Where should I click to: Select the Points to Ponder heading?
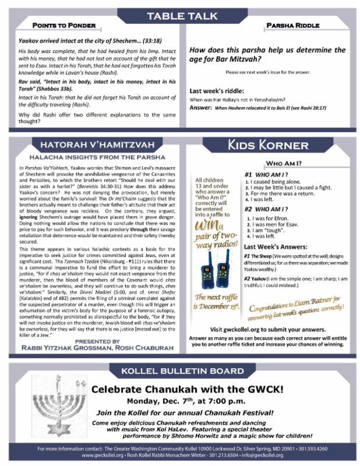pos(61,27)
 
